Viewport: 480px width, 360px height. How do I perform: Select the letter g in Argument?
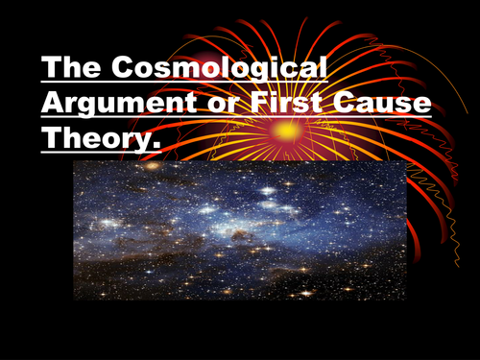(x=88, y=108)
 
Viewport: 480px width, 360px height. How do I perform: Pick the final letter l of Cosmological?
(x=322, y=70)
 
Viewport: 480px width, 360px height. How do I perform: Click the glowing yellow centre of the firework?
(x=285, y=129)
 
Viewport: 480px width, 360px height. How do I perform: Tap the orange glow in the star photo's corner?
(x=151, y=167)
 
